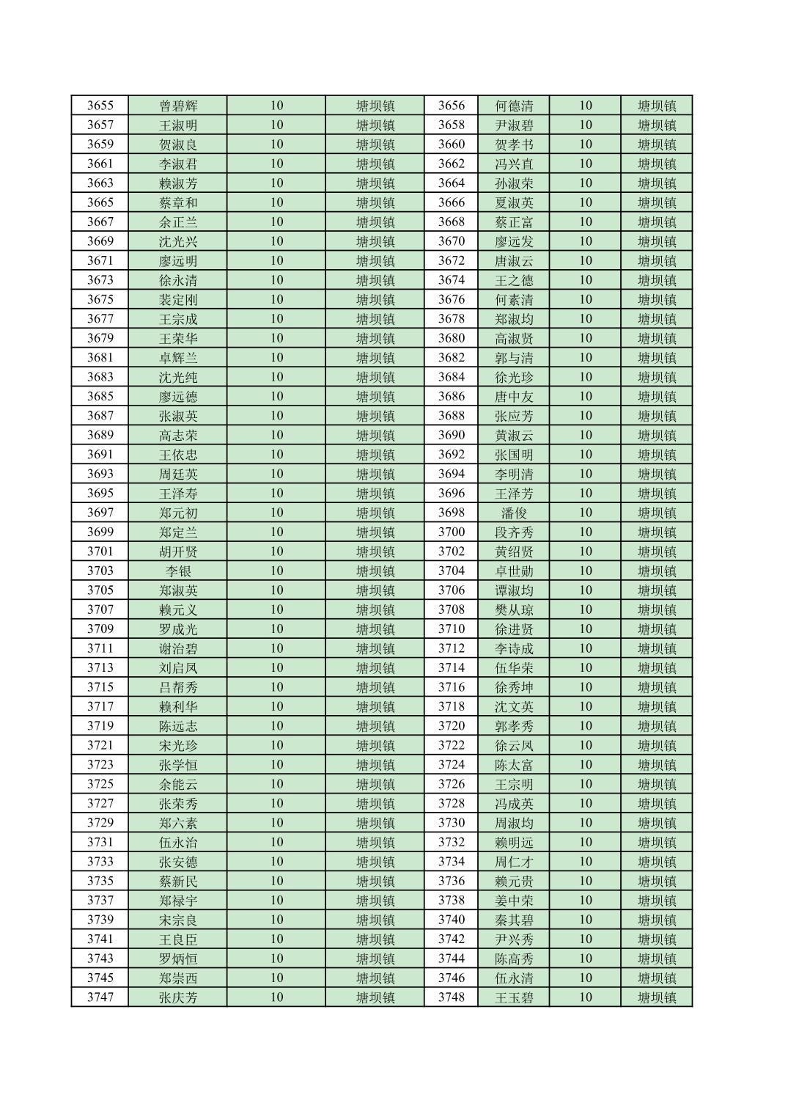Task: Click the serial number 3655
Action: click(100, 106)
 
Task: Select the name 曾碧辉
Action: click(178, 106)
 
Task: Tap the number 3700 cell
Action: click(451, 532)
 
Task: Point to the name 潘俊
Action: click(514, 513)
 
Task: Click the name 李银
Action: click(178, 571)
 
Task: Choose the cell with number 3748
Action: click(451, 997)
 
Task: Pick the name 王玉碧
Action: click(514, 997)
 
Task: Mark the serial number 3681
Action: click(100, 358)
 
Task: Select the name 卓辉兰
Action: click(178, 358)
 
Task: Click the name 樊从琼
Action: click(514, 610)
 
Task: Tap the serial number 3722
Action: click(451, 746)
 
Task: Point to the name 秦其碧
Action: click(514, 920)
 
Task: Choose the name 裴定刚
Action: click(178, 300)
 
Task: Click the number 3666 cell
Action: click(451, 202)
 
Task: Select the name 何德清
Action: click(514, 106)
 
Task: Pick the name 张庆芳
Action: click(178, 997)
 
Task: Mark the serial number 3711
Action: click(100, 649)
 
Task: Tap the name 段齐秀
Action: click(514, 532)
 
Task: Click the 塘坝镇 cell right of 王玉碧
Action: click(656, 997)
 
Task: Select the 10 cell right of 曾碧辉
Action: click(276, 106)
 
